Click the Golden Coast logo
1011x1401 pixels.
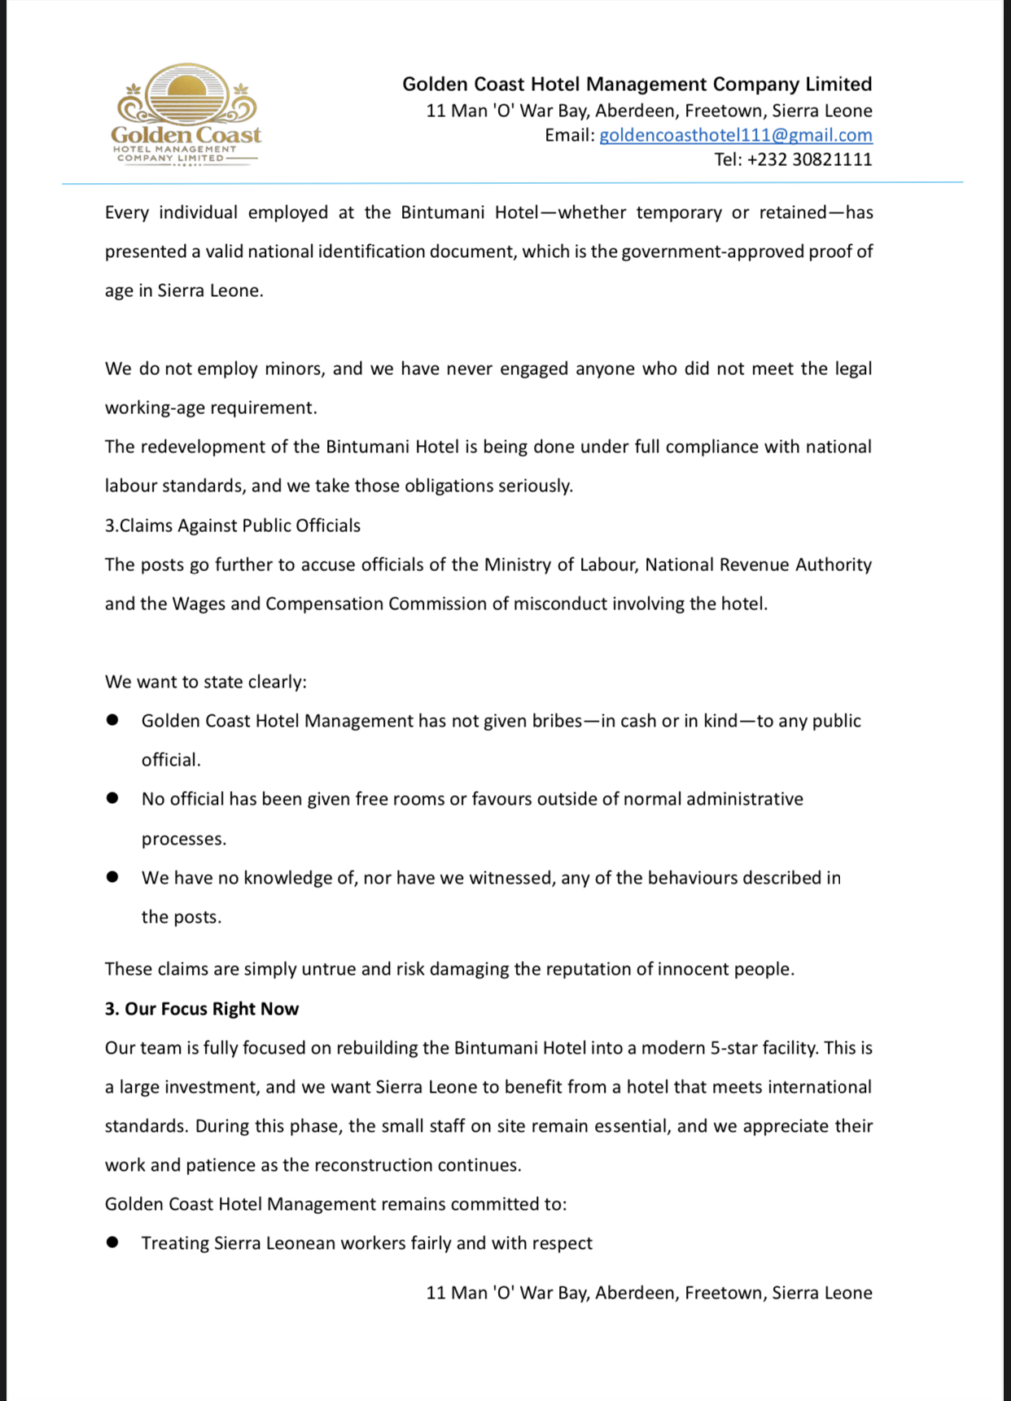tap(186, 115)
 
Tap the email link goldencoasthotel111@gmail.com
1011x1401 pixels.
tap(735, 135)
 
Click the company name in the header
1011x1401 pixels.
tap(637, 84)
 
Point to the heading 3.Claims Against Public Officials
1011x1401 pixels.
tap(232, 526)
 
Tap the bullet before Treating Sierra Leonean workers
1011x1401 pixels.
tap(113, 1242)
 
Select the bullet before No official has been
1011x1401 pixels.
tap(113, 798)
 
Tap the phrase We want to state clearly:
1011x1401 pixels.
tap(205, 682)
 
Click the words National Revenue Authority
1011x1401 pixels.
tap(758, 565)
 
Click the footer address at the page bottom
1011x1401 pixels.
tap(649, 1293)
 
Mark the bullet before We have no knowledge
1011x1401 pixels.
tap(113, 877)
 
